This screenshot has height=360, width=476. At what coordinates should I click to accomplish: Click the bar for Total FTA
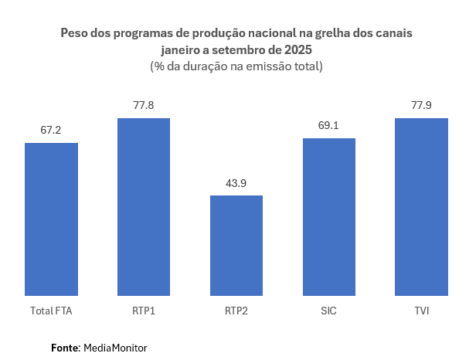coord(51,219)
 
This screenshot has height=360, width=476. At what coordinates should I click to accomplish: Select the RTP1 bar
coord(144,207)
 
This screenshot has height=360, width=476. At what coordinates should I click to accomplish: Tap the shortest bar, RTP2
coord(236,246)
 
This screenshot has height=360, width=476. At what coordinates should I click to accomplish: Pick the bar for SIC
coord(329,217)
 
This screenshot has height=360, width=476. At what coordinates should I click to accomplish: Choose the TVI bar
coord(421,207)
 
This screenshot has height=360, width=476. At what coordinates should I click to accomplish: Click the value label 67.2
coord(51,130)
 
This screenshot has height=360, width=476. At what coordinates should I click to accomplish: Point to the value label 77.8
coord(144,105)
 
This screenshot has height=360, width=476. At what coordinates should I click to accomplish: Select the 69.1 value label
coord(329,125)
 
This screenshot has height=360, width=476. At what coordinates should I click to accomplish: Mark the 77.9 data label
coord(421,105)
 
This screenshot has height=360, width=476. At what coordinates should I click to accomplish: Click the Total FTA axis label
coord(51,311)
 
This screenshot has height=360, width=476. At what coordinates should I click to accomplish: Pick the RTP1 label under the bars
coord(144,311)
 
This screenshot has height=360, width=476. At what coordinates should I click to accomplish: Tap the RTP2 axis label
coord(236,311)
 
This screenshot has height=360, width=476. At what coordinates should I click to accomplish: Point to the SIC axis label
coord(329,311)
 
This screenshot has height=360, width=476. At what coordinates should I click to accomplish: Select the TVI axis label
coord(421,311)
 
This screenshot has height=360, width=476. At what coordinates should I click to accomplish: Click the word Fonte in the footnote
coord(65,348)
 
